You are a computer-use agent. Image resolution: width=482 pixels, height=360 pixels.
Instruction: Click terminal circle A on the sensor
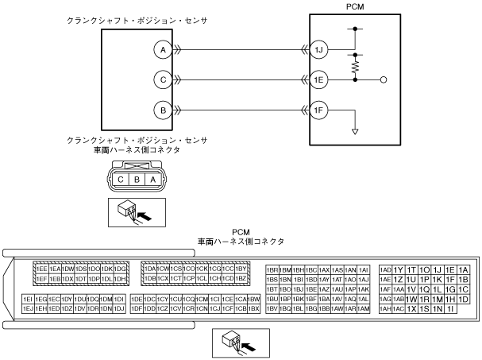(163, 49)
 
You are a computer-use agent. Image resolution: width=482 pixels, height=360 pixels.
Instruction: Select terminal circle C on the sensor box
(163, 80)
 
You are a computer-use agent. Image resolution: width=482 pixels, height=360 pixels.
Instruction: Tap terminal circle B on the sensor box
(163, 111)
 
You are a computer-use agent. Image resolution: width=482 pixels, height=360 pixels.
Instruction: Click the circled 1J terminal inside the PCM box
(318, 49)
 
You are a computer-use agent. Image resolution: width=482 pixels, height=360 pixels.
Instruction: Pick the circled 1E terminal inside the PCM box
(318, 80)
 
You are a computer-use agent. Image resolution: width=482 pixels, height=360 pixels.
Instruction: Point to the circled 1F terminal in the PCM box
(318, 111)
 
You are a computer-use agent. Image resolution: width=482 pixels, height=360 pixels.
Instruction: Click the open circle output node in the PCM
(384, 80)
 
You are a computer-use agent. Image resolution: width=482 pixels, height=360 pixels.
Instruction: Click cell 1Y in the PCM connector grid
(399, 270)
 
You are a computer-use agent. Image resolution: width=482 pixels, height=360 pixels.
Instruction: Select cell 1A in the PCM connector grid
(465, 270)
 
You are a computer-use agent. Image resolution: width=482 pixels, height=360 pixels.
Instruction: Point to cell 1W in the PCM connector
(412, 298)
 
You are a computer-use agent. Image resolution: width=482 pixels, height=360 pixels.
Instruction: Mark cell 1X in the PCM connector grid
(412, 308)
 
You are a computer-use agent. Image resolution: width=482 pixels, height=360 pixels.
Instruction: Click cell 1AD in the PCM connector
(387, 270)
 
